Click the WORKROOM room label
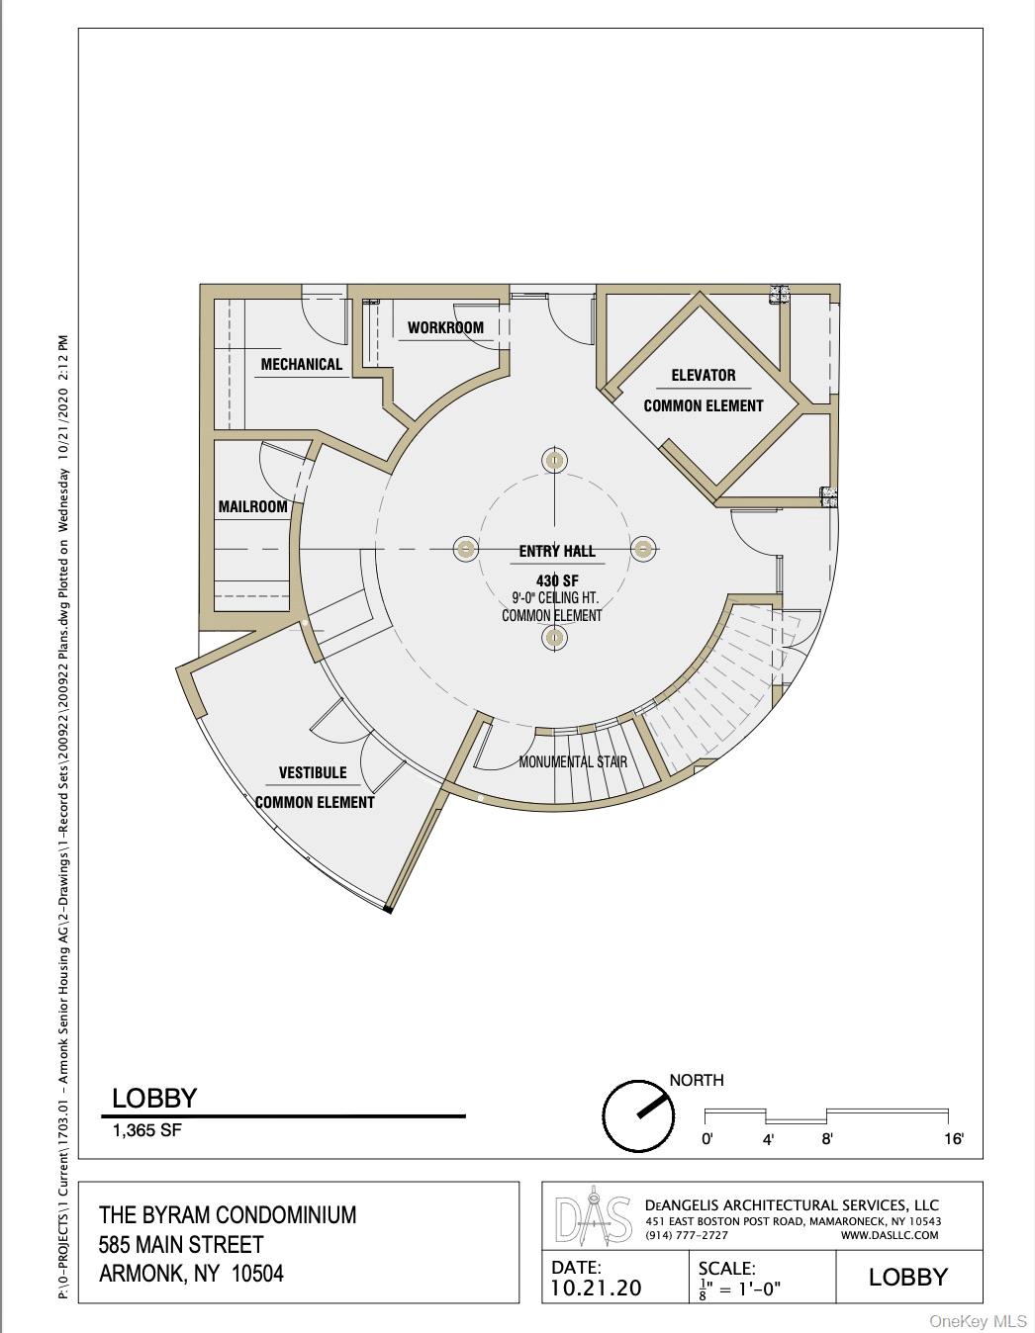pyautogui.click(x=445, y=327)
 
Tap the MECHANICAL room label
pyautogui.click(x=301, y=364)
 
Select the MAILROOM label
pyautogui.click(x=252, y=506)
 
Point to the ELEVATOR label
pyautogui.click(x=704, y=375)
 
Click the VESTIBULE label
pyautogui.click(x=313, y=772)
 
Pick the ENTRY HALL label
pyautogui.click(x=557, y=551)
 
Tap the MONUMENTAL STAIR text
pyautogui.click(x=573, y=761)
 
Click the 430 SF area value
pyautogui.click(x=557, y=579)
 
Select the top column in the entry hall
pyautogui.click(x=554, y=460)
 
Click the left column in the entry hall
pyautogui.click(x=466, y=548)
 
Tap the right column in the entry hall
pyautogui.click(x=643, y=548)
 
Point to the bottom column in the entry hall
pyautogui.click(x=554, y=638)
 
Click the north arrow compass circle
pyautogui.click(x=638, y=1115)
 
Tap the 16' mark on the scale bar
pyautogui.click(x=954, y=1139)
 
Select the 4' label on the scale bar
pyautogui.click(x=768, y=1140)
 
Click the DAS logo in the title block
pyautogui.click(x=593, y=1226)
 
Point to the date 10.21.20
pyautogui.click(x=596, y=1287)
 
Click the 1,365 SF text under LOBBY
pyautogui.click(x=147, y=1130)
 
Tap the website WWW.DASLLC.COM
pyautogui.click(x=889, y=1235)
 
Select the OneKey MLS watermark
pyautogui.click(x=978, y=1321)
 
